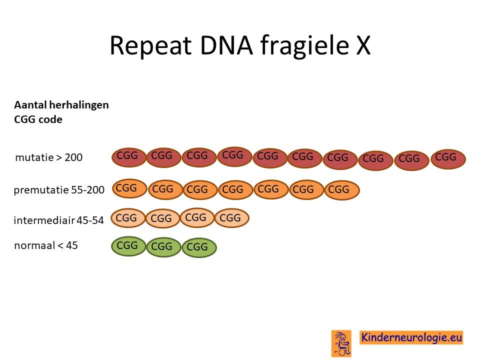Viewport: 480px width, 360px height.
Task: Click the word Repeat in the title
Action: click(x=150, y=46)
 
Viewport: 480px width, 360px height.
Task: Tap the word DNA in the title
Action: click(x=226, y=45)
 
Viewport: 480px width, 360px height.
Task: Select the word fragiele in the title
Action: click(x=304, y=46)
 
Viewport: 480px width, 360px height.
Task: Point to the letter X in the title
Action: click(x=363, y=45)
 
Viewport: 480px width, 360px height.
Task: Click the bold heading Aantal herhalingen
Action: click(x=61, y=105)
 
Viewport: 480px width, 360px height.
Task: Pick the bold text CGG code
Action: click(x=38, y=119)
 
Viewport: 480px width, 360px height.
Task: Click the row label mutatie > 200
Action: click(x=49, y=157)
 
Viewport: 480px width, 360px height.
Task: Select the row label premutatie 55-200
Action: click(x=59, y=190)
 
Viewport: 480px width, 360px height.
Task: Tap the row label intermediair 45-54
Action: click(x=59, y=220)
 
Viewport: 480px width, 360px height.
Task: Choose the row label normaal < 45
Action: click(x=46, y=245)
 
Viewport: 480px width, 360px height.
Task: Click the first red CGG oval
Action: click(x=129, y=157)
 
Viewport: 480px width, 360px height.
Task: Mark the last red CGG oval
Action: click(x=448, y=159)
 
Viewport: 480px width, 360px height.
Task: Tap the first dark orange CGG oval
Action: click(x=129, y=188)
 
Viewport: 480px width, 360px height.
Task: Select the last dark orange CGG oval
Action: click(x=342, y=190)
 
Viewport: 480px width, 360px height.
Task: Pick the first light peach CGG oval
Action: click(x=128, y=218)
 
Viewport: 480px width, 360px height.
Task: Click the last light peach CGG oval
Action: click(x=232, y=218)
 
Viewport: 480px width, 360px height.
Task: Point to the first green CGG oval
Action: click(x=128, y=246)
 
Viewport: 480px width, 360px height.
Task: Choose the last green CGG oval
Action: click(x=199, y=247)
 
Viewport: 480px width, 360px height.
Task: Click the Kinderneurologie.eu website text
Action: click(x=411, y=337)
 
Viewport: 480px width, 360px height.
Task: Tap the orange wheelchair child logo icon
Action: click(x=341, y=343)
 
